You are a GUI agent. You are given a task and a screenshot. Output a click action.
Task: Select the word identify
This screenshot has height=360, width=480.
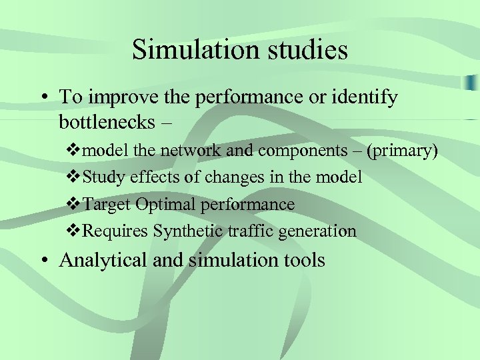pos(365,97)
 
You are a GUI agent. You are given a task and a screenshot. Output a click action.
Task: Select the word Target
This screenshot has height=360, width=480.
pos(105,204)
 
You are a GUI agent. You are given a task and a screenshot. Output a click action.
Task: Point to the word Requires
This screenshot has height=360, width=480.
pos(115,231)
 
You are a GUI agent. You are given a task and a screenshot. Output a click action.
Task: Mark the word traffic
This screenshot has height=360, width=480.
pos(246,231)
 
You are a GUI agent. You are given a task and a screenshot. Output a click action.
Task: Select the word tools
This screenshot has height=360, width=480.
pos(301,260)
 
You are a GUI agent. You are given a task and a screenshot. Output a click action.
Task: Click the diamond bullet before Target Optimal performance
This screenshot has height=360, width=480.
pos(75,204)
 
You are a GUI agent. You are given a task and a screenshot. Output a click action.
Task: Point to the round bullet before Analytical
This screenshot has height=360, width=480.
pos(43,261)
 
